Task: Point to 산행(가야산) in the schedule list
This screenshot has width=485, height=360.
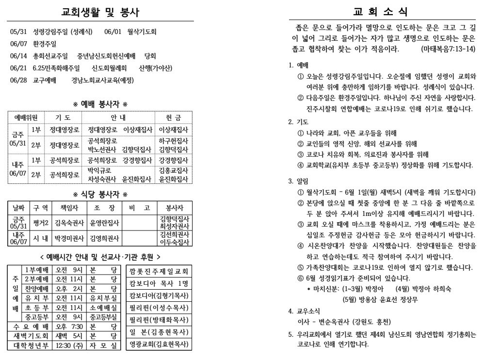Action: [156, 67]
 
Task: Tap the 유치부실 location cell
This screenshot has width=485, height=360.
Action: [104, 297]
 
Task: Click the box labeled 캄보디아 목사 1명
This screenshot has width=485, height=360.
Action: [159, 283]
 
